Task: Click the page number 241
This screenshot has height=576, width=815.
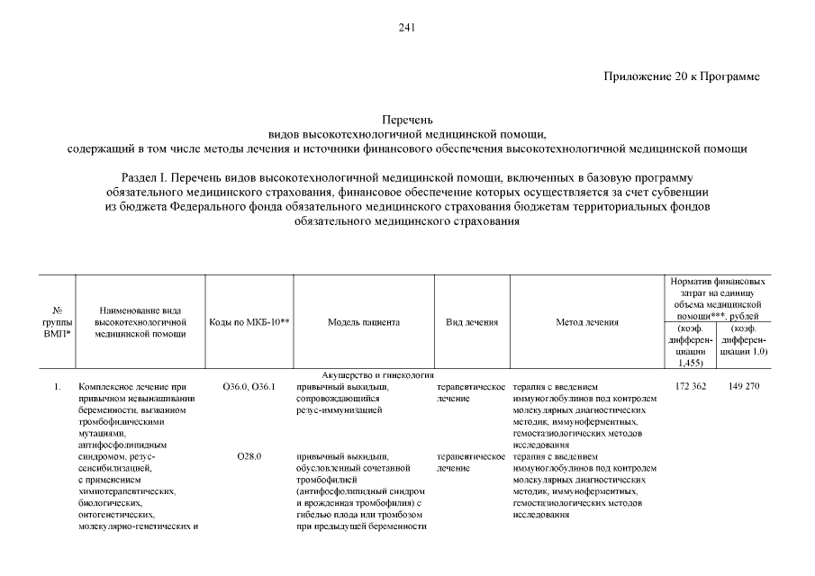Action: pyautogui.click(x=406, y=27)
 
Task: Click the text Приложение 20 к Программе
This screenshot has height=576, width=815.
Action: pyautogui.click(x=682, y=76)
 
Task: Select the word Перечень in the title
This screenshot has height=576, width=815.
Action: pyautogui.click(x=407, y=119)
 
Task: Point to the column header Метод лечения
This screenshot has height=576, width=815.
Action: pyautogui.click(x=586, y=322)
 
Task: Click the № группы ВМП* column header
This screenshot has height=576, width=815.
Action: pyautogui.click(x=57, y=322)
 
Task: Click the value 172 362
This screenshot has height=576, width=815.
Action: pyautogui.click(x=692, y=387)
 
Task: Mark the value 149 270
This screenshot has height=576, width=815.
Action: pyautogui.click(x=745, y=387)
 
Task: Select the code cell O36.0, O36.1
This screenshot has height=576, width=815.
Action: pyautogui.click(x=249, y=387)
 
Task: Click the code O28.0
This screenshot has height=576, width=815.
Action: pyautogui.click(x=249, y=457)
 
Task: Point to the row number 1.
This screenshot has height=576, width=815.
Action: pyautogui.click(x=57, y=387)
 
